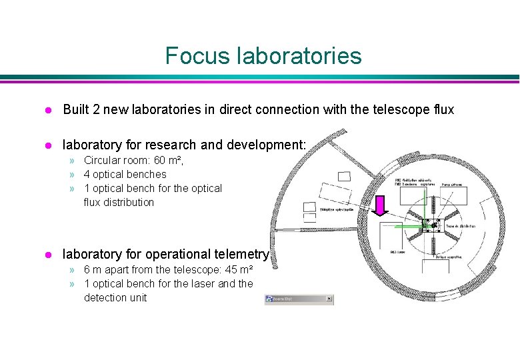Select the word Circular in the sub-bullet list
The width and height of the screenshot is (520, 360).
(x=103, y=161)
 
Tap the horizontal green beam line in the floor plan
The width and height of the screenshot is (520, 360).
(x=407, y=227)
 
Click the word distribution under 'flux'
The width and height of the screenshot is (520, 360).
(x=130, y=202)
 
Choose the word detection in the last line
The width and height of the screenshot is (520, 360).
(x=107, y=297)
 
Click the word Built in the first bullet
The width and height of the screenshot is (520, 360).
(x=77, y=109)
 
